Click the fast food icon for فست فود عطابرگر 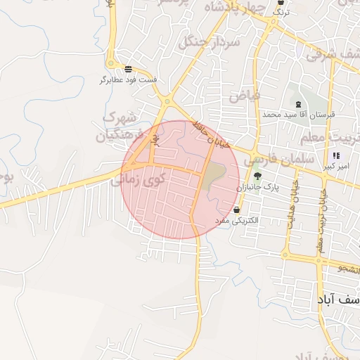tap(129, 69)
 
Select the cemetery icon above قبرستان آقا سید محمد tap(299, 104)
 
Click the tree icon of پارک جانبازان tap(257, 176)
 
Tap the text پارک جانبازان tap(257, 188)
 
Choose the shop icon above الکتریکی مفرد tap(236, 210)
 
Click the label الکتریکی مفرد tap(236, 220)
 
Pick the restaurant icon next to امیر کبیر tap(336, 155)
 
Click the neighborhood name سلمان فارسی tap(276, 160)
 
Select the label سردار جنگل tap(210, 41)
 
